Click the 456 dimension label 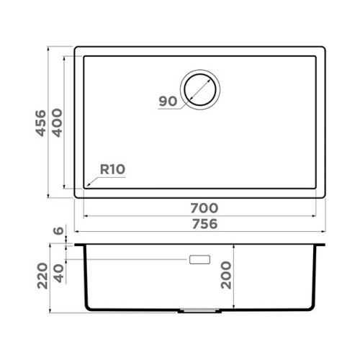click(x=41, y=123)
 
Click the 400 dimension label click(x=58, y=123)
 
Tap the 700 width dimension click(x=204, y=208)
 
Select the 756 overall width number click(x=204, y=224)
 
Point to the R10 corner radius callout click(x=112, y=169)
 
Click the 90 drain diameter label click(x=168, y=102)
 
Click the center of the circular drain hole click(x=200, y=90)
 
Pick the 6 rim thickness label click(x=58, y=230)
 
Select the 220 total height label click(x=42, y=276)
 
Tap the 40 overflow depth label click(x=59, y=274)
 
